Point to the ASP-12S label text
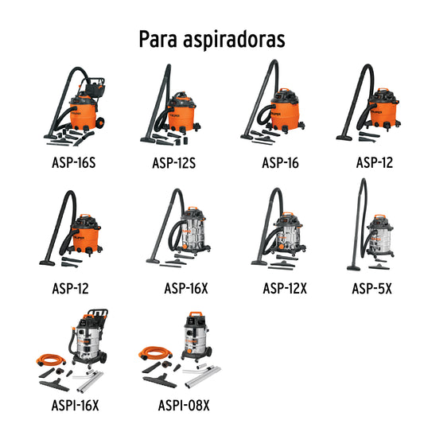point(173,164)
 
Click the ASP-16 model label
point(281,164)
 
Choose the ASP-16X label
point(185,287)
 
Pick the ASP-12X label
point(284,287)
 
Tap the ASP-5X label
point(371,287)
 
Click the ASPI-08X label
point(184,406)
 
